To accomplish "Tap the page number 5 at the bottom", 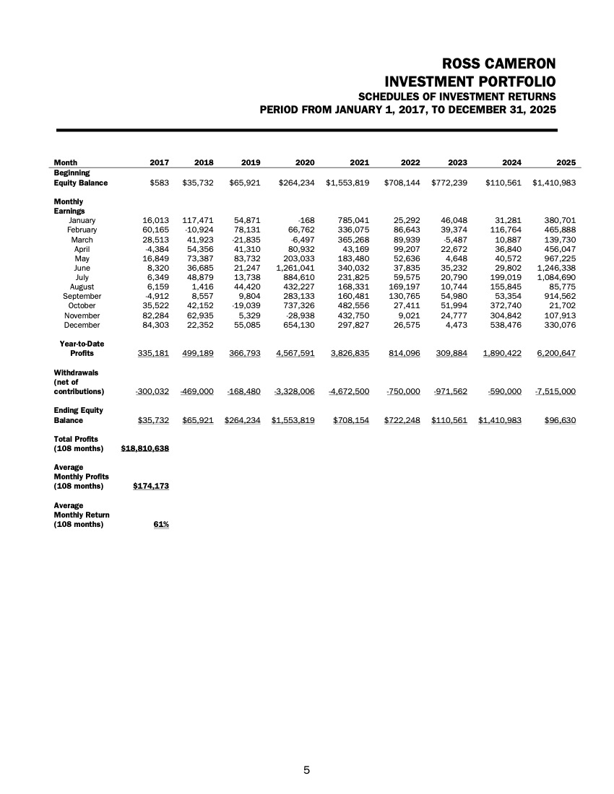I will [306, 770].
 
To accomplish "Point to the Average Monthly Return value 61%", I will [160, 524].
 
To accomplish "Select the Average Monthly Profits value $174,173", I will [151, 486].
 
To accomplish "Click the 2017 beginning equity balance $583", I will [160, 183].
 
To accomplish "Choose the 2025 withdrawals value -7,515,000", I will [555, 391].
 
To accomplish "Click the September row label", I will [82, 296].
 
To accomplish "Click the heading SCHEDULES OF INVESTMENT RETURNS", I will [457, 96].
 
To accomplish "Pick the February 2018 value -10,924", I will [193, 229].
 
